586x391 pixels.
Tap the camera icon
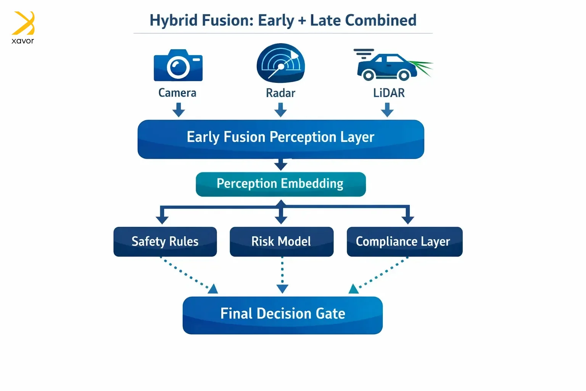point(178,65)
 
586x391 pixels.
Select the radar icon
point(281,63)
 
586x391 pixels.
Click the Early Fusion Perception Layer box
point(281,139)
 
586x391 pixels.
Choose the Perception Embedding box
point(281,184)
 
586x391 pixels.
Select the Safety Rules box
point(165,242)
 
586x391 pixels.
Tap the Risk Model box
point(282,242)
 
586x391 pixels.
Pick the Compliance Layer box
point(404,242)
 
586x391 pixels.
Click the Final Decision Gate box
point(283,315)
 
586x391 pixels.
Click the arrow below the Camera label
point(179,110)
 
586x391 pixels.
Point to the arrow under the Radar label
point(281,110)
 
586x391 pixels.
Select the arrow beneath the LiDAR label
point(387,110)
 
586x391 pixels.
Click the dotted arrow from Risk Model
point(282,275)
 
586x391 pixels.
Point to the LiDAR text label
point(389,93)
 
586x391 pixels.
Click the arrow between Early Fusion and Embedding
point(281,165)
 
